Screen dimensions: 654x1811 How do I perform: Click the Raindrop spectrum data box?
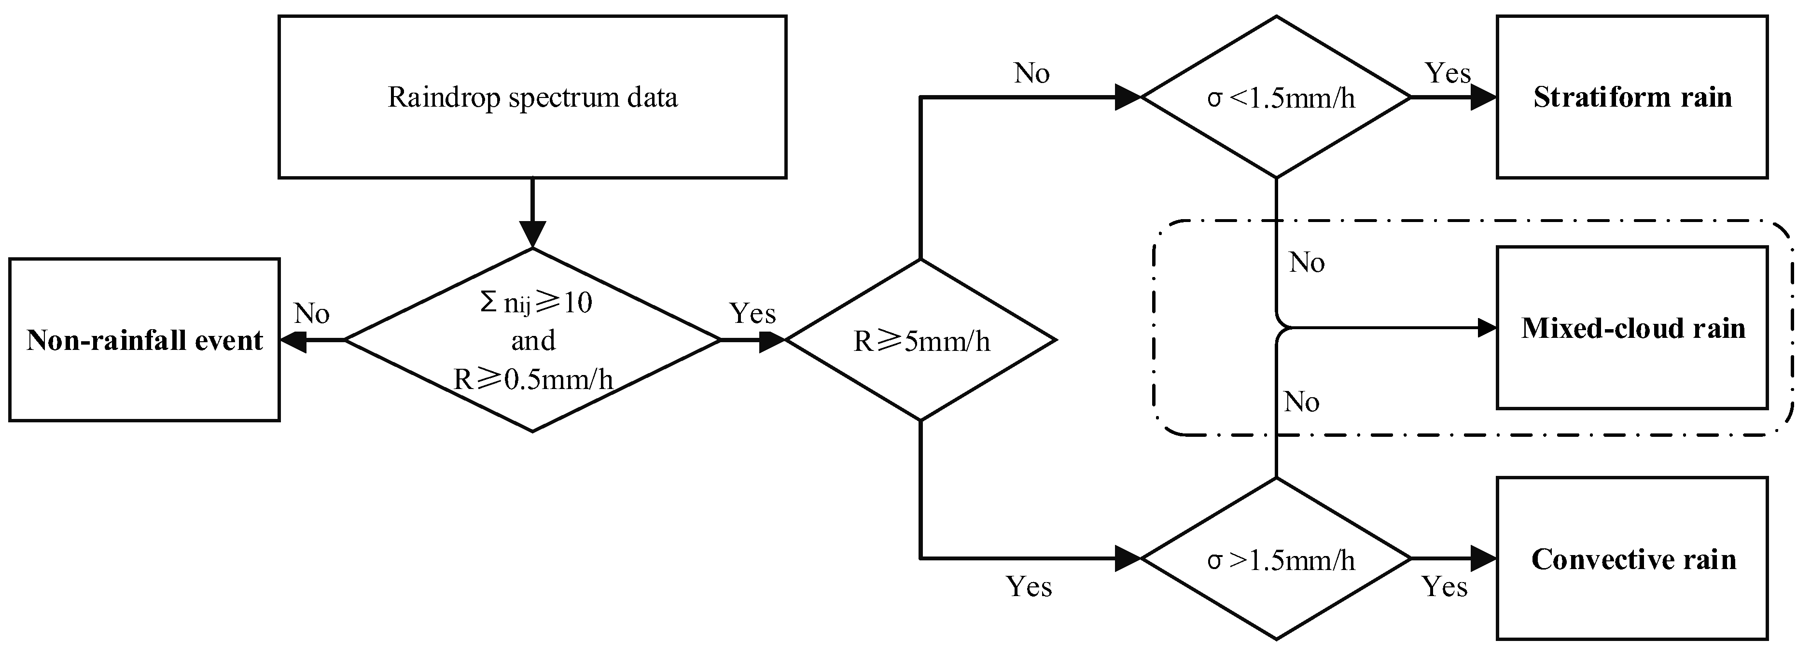click(532, 97)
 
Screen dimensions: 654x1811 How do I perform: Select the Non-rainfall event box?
click(144, 340)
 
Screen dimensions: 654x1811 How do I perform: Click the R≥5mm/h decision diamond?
click(921, 340)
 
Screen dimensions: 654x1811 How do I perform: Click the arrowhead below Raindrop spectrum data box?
click(532, 234)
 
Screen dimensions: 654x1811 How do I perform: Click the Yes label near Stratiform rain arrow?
click(1447, 73)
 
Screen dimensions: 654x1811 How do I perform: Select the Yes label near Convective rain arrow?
click(1444, 586)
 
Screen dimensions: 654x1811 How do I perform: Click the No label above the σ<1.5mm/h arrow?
click(1031, 73)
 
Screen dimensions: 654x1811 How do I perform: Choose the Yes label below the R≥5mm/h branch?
click(1029, 586)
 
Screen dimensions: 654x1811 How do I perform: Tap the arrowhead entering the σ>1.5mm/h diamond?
click(1127, 559)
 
